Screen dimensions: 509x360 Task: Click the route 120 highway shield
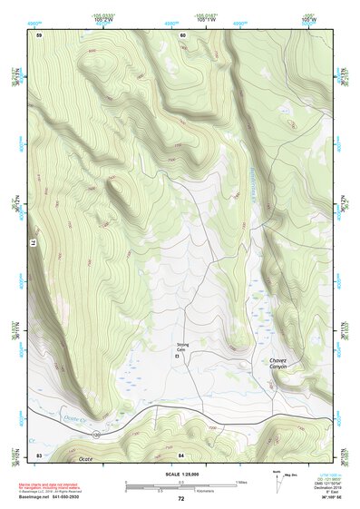94,436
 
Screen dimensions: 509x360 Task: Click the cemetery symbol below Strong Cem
177,357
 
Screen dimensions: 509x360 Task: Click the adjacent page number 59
39,34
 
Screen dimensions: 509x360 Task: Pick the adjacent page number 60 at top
182,34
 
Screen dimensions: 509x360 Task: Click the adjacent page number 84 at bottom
181,454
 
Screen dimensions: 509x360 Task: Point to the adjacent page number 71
26,243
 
